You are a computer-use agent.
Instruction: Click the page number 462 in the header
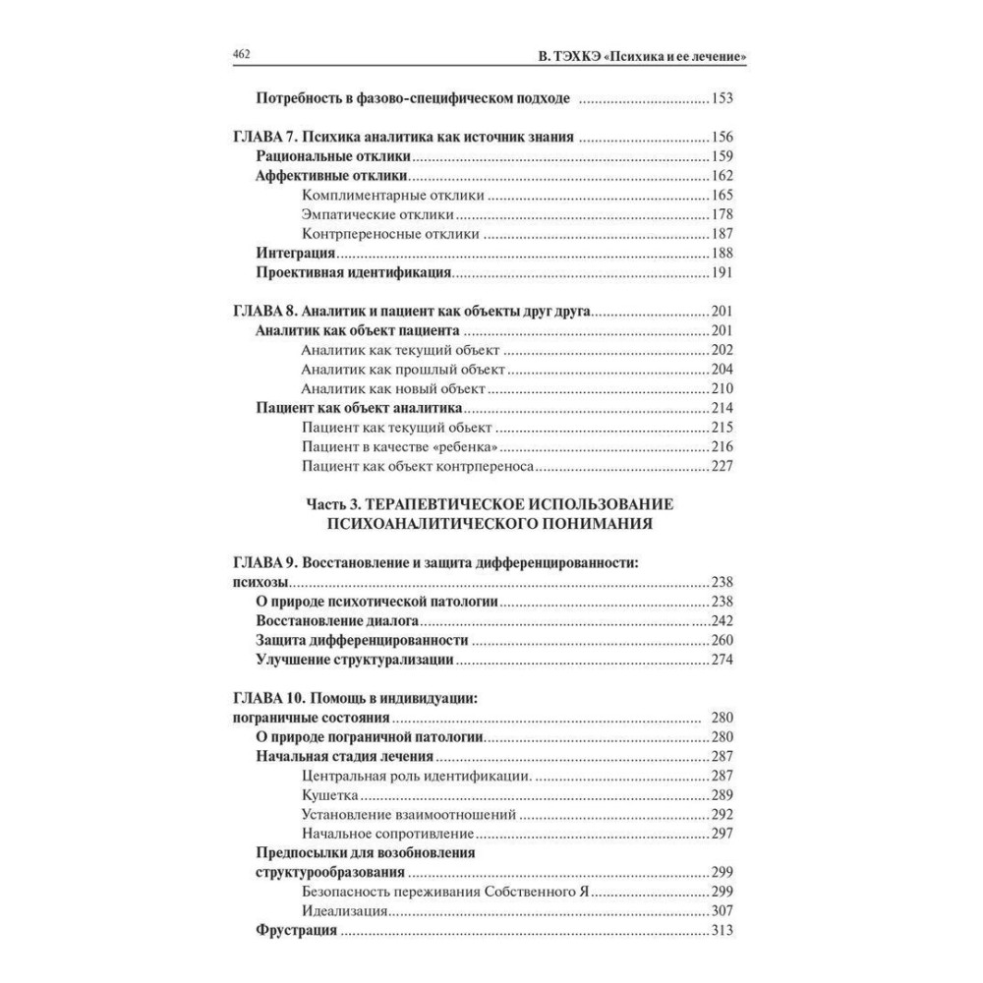pos(243,55)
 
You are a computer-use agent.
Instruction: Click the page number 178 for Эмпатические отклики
pos(723,214)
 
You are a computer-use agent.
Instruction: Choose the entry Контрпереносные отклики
pos(390,234)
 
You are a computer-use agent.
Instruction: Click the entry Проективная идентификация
pos(353,272)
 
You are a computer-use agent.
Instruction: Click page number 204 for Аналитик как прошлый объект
pos(723,370)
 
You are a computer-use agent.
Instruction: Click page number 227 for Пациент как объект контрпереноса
pos(723,466)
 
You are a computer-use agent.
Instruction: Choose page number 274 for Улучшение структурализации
pos(723,660)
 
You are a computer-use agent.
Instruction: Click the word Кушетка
pos(331,794)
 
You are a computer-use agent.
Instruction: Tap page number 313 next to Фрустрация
pos(723,931)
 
